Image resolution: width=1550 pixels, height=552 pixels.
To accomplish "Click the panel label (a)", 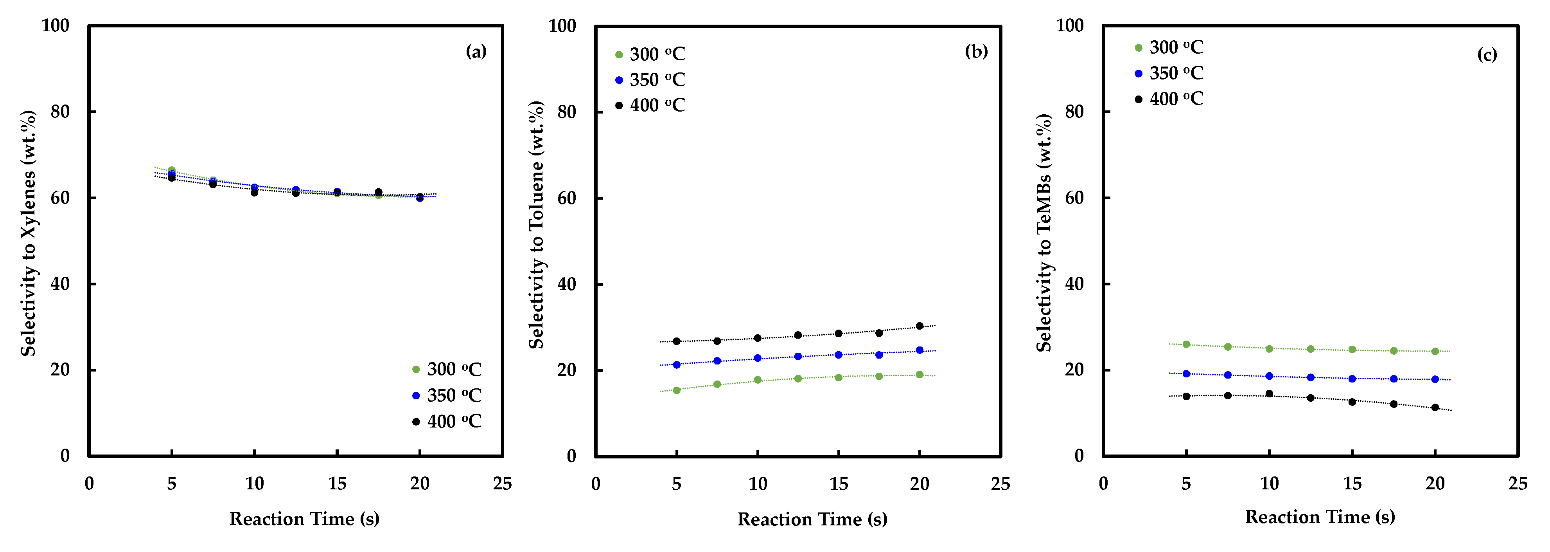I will (x=476, y=52).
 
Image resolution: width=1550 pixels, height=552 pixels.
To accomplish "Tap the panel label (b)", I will (x=976, y=52).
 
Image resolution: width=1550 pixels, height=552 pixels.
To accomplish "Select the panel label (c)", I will (x=1487, y=55).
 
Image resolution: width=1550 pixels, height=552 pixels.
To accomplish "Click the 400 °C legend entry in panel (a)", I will (x=447, y=421).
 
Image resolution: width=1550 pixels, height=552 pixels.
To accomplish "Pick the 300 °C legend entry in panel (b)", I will (x=650, y=54).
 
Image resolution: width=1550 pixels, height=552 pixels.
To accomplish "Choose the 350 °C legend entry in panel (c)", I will (x=1169, y=74).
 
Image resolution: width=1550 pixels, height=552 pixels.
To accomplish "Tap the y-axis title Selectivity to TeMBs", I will (x=1044, y=233).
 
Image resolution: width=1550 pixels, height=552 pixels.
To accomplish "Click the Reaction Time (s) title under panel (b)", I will (x=812, y=519).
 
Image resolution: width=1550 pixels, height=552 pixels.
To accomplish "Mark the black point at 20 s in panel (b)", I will (x=920, y=326).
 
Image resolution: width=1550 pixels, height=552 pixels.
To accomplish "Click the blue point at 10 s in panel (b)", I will (x=758, y=358).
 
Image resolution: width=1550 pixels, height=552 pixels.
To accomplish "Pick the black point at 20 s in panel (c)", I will (x=1435, y=408).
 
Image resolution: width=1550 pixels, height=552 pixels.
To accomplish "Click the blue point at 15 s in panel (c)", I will (x=1352, y=379).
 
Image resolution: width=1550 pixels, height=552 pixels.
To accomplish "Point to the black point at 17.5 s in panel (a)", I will (x=379, y=192).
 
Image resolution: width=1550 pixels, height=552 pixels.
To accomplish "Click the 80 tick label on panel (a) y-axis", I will (x=60, y=112).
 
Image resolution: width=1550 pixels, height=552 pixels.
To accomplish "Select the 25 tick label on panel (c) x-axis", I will (x=1518, y=483).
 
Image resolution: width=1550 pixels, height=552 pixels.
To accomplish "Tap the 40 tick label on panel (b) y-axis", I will (x=567, y=284).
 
